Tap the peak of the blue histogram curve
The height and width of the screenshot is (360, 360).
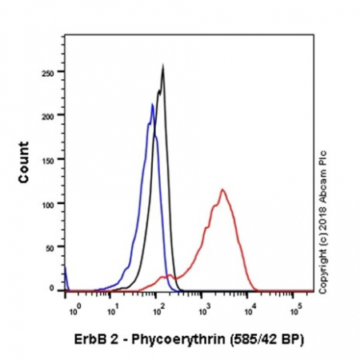151,104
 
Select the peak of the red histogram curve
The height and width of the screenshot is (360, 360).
222,190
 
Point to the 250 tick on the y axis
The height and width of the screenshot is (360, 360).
50,72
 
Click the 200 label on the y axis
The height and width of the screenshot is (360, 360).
50,116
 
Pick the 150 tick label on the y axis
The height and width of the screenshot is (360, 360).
50,159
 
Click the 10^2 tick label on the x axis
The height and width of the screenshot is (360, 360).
160,304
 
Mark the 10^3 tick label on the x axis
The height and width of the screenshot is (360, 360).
206,304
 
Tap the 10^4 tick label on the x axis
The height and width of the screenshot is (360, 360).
250,304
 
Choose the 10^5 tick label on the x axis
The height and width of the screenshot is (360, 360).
294,304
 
